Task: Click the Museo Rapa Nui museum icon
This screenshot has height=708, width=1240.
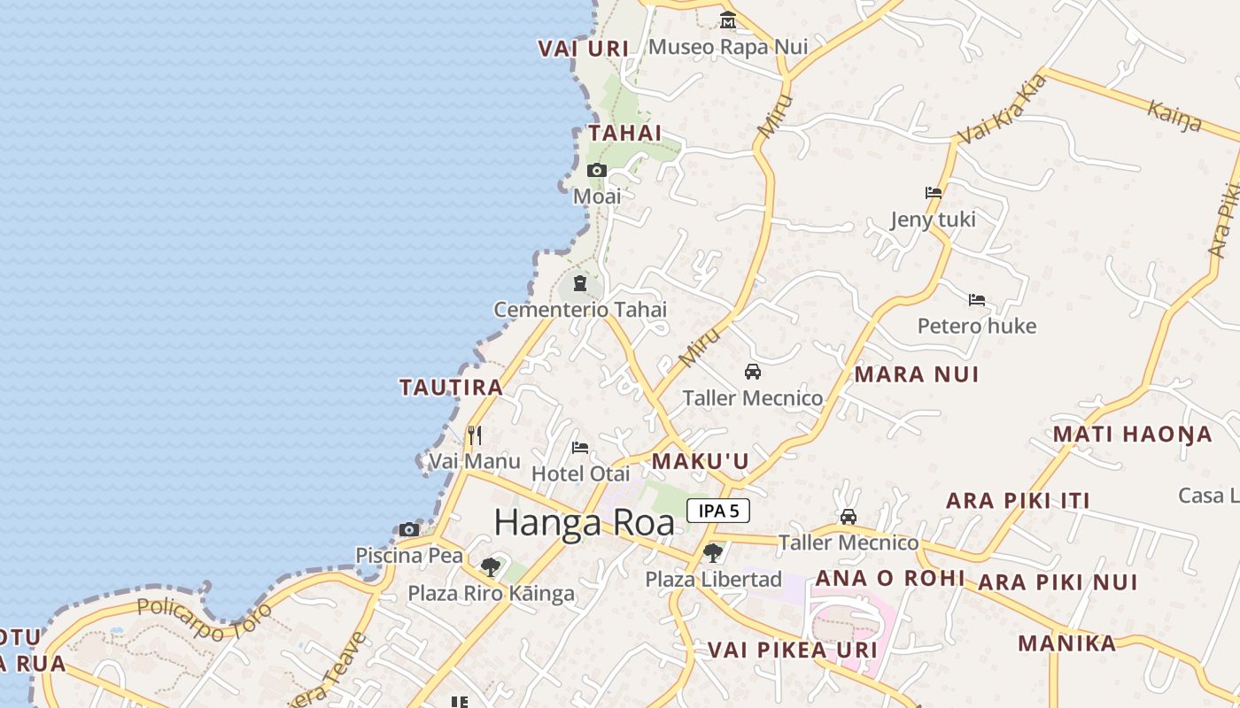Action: tap(727, 19)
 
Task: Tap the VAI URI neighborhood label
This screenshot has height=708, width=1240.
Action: tap(584, 49)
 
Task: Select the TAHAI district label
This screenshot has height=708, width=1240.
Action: tap(625, 133)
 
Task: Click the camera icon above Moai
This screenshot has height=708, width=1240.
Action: tap(596, 170)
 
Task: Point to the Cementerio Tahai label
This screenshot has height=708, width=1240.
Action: tap(580, 310)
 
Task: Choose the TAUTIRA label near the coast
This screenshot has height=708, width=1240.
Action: tap(451, 388)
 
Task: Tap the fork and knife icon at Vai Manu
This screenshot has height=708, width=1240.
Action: tap(475, 435)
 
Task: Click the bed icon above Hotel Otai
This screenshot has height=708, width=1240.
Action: tap(580, 447)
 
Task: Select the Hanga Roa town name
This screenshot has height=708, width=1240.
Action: tap(584, 522)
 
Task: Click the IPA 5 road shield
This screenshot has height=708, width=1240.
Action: tap(718, 511)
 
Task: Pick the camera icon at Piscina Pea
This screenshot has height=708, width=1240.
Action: tap(408, 529)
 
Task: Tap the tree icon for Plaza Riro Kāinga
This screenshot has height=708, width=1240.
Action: tap(490, 566)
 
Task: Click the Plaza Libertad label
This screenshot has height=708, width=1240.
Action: tap(713, 580)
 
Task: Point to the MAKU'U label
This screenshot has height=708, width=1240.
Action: tap(701, 461)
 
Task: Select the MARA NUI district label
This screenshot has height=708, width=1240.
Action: tap(917, 374)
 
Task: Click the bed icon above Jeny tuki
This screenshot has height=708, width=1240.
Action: tap(933, 192)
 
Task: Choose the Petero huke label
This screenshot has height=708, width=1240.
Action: tap(976, 326)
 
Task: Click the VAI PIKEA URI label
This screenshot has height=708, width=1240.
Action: tap(792, 650)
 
